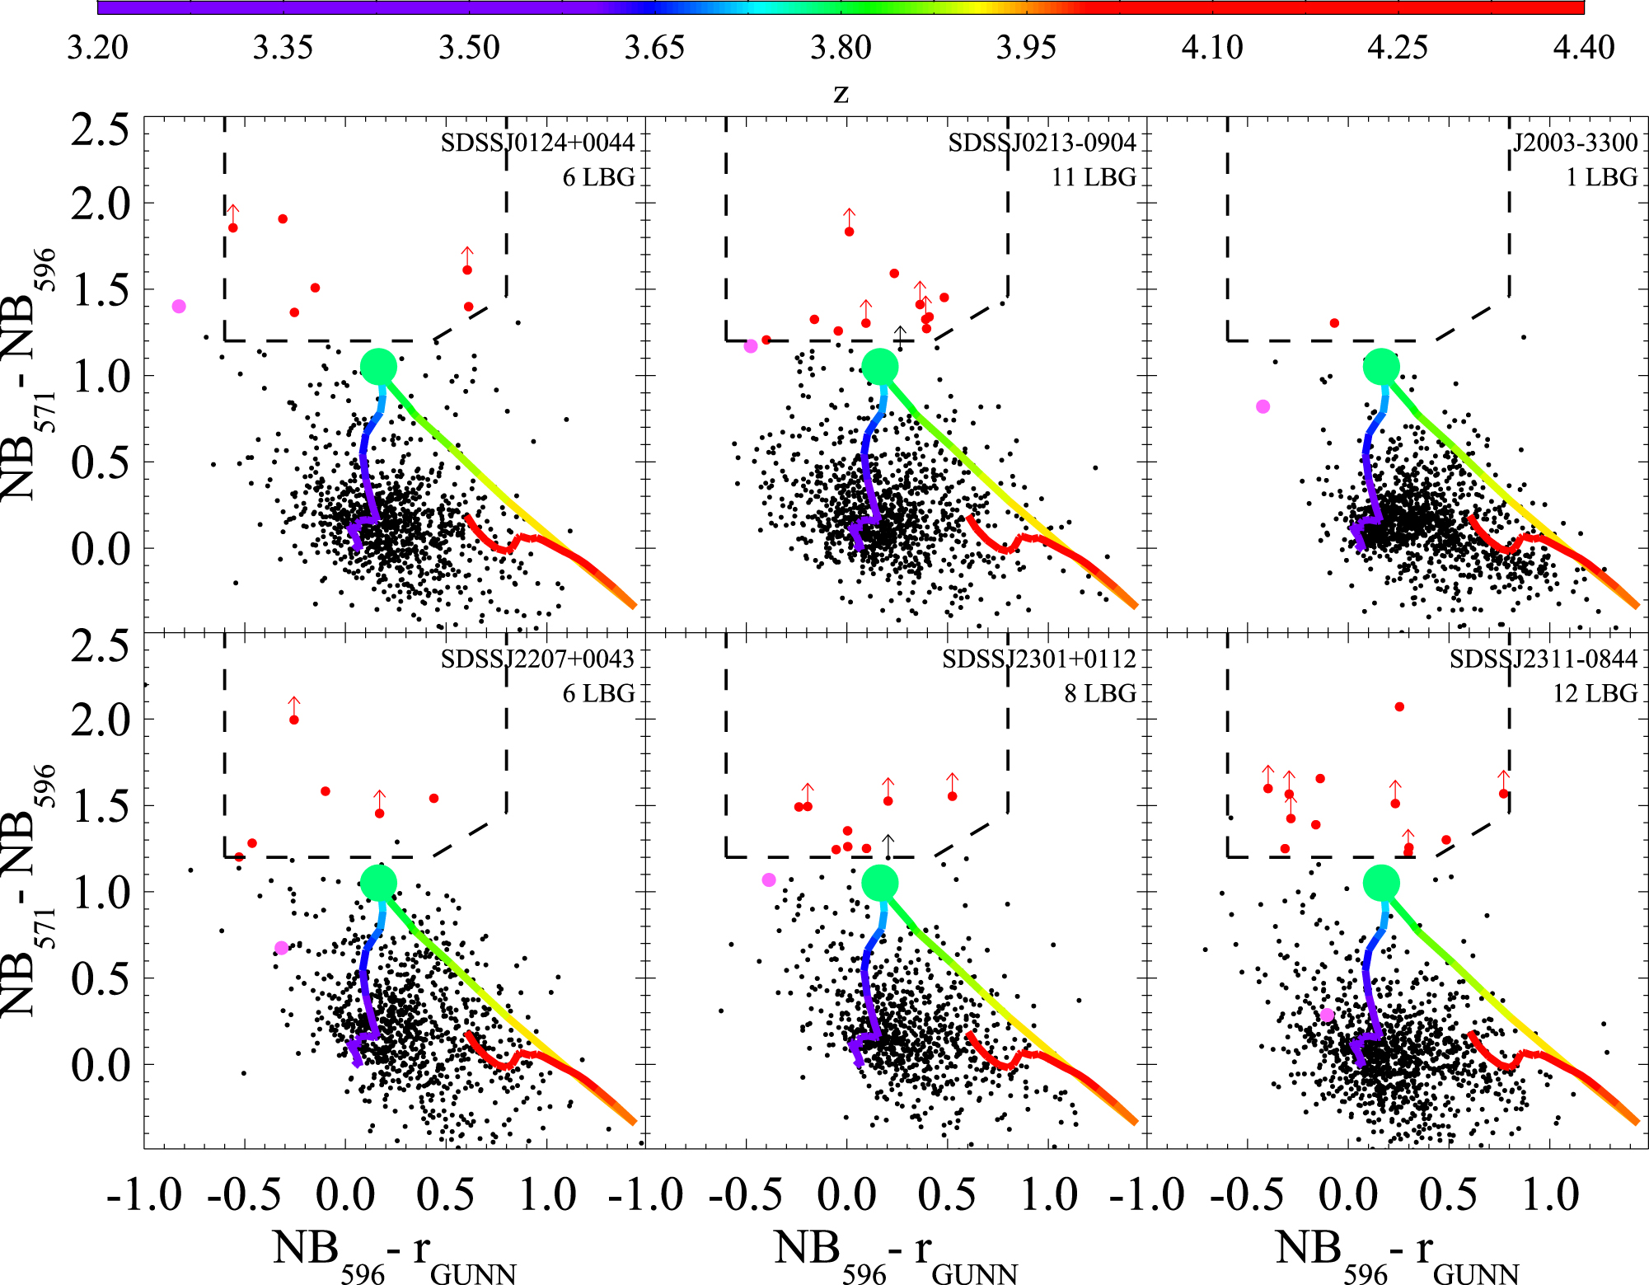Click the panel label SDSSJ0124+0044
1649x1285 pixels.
[x=537, y=143]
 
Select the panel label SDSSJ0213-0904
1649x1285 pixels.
[x=1042, y=143]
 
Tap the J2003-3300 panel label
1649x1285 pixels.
[x=1575, y=143]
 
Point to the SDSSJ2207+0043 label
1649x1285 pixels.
[x=537, y=659]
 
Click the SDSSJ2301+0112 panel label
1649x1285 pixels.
[x=1039, y=659]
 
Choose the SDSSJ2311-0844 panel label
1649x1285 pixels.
[x=1544, y=659]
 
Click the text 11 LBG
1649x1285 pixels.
[x=1094, y=177]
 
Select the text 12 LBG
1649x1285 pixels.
[x=1595, y=693]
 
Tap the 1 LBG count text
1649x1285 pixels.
[x=1601, y=177]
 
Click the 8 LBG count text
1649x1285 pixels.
[x=1099, y=693]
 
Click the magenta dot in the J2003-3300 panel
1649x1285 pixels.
[x=1263, y=406]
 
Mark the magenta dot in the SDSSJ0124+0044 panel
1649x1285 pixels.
[x=179, y=307]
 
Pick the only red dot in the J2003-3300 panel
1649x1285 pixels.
[x=1334, y=323]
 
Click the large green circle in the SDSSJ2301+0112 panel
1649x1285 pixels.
[x=879, y=883]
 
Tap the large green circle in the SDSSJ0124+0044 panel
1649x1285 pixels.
[x=379, y=366]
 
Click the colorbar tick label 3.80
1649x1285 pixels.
[x=841, y=48]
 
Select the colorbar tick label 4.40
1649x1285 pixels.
[x=1583, y=48]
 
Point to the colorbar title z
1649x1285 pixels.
[x=841, y=94]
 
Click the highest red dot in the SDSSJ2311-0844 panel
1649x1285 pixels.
[x=1399, y=706]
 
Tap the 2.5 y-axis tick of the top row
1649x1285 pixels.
[x=100, y=129]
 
